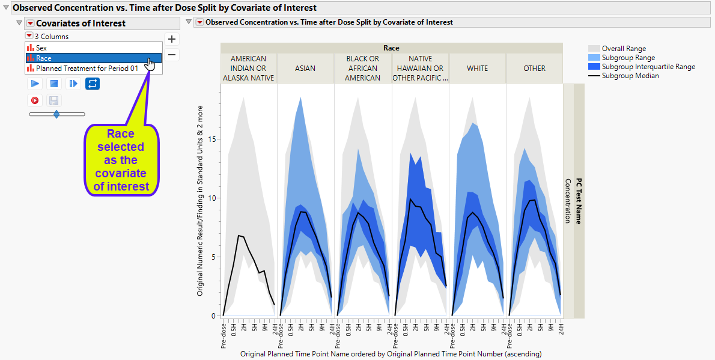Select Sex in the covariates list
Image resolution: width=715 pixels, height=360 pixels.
click(x=41, y=47)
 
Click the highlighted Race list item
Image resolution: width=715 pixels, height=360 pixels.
click(x=44, y=58)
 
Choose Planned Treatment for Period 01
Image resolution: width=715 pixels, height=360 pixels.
click(x=87, y=69)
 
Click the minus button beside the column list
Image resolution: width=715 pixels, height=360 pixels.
click(x=172, y=55)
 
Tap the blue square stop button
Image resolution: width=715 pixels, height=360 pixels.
click(x=54, y=84)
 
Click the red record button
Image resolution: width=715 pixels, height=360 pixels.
click(x=35, y=100)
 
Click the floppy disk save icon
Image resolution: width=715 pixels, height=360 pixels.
click(x=53, y=100)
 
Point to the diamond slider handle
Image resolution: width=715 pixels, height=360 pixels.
click(x=56, y=114)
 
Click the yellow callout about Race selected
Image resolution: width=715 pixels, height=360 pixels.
click(x=121, y=160)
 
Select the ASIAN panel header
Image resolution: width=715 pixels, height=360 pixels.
click(x=305, y=69)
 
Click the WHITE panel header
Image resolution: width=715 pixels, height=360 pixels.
click(x=477, y=69)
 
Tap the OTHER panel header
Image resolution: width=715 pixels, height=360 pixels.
click(x=534, y=69)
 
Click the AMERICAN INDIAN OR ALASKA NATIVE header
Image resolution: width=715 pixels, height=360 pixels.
click(x=248, y=69)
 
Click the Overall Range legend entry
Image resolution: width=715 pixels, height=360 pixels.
click(x=624, y=49)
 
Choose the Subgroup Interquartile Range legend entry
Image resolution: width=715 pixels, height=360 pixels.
click(x=648, y=67)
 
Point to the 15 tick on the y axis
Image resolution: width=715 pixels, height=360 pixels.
click(x=211, y=139)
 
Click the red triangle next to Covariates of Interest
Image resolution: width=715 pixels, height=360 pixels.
click(x=29, y=23)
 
